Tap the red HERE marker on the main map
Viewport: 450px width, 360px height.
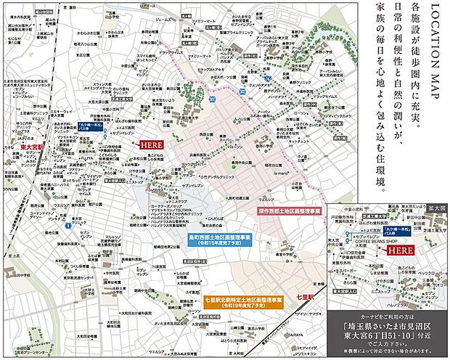151,144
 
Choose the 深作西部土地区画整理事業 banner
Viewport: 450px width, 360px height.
287,210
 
